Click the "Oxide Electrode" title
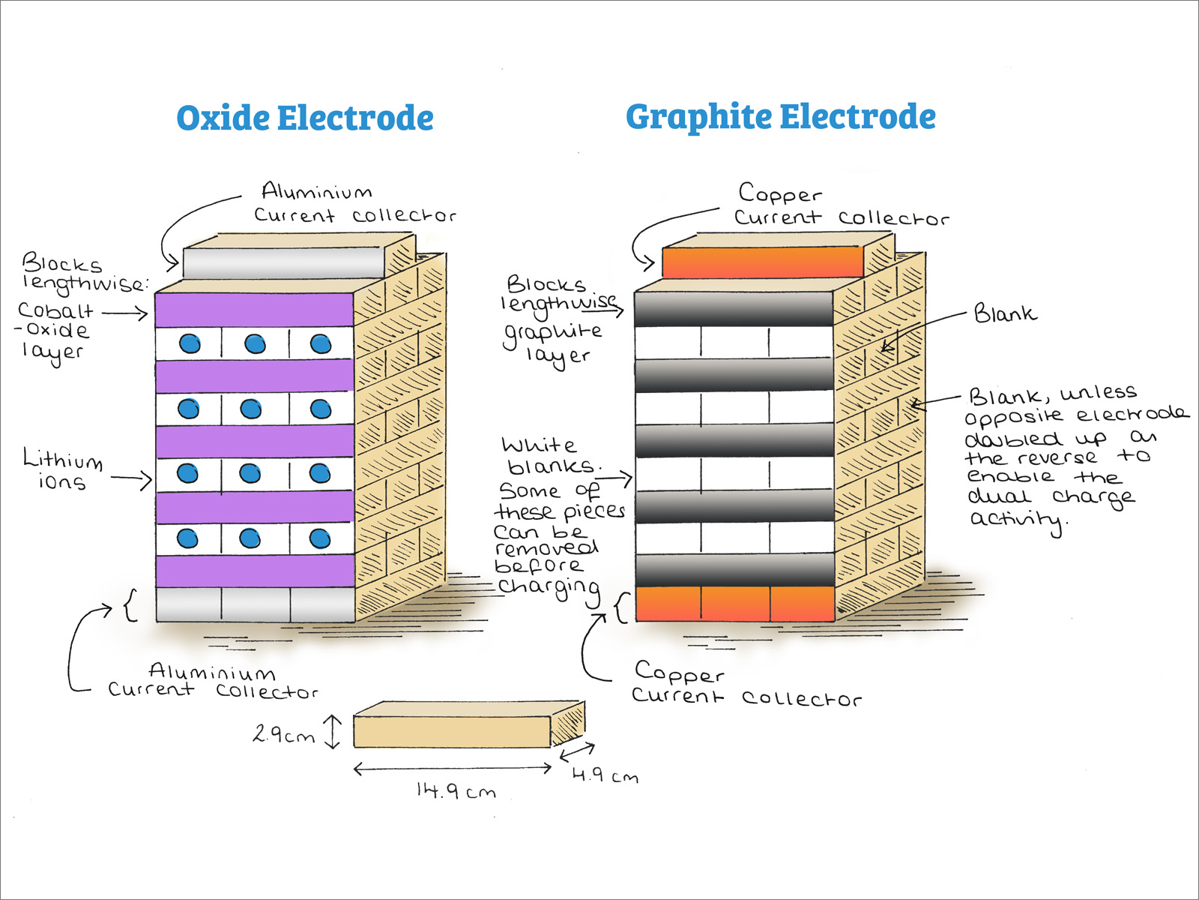(305, 118)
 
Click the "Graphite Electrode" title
(780, 117)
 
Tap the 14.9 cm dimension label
(456, 791)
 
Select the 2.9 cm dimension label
(283, 734)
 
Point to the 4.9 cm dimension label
(605, 775)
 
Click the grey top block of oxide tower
(283, 262)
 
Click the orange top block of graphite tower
(762, 262)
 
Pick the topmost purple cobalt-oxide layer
(254, 310)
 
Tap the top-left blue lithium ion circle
(190, 343)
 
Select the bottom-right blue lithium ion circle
(320, 538)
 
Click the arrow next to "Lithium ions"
(132, 478)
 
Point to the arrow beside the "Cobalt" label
(125, 312)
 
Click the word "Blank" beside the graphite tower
(1005, 313)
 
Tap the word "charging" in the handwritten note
(549, 589)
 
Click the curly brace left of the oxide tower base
(130, 605)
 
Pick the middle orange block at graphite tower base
(735, 604)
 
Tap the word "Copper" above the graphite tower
(780, 193)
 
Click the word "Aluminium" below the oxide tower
(212, 670)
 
